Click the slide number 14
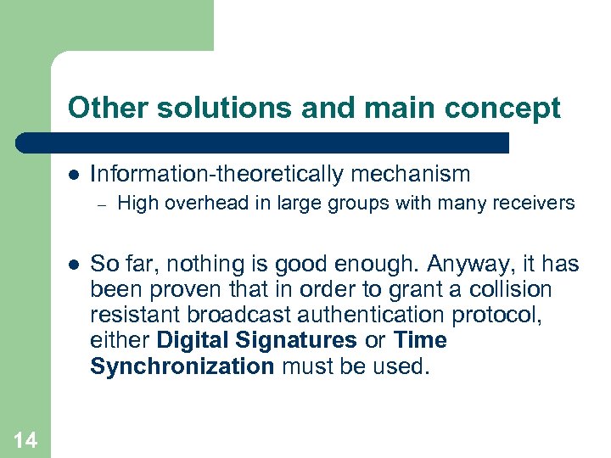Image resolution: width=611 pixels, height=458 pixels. tap(25, 439)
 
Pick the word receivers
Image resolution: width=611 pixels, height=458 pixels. tap(534, 204)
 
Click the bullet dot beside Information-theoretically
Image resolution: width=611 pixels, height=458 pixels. tap(73, 176)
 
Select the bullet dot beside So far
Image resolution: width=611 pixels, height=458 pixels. tap(73, 265)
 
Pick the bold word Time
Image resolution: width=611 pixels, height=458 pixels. tap(421, 340)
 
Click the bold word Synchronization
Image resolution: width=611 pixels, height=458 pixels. tap(182, 366)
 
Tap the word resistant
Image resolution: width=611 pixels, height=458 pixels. tap(135, 315)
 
